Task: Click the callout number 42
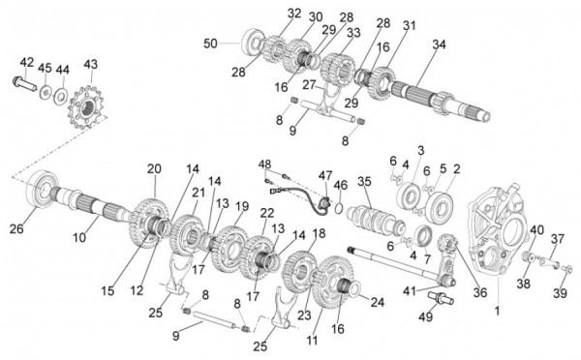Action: (x=27, y=62)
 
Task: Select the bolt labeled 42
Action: (x=24, y=83)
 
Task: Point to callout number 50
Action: (x=210, y=44)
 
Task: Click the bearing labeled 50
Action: (x=254, y=42)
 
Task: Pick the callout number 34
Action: (x=439, y=45)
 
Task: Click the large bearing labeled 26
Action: (x=42, y=189)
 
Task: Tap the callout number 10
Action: (x=79, y=237)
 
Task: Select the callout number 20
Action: (x=154, y=169)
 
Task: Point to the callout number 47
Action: (x=325, y=176)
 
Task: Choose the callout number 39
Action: (x=561, y=293)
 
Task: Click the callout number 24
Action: (x=378, y=303)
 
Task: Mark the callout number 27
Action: (x=309, y=84)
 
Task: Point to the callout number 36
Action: (x=480, y=292)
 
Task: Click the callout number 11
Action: (x=313, y=340)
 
